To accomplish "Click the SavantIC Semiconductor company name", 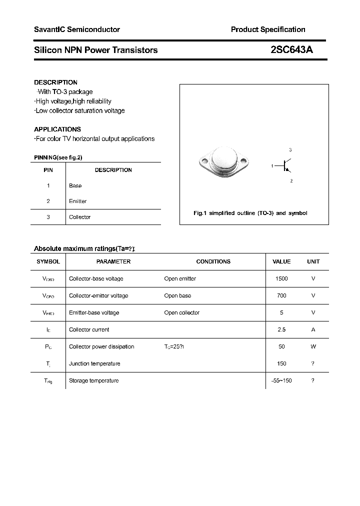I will click(x=77, y=29).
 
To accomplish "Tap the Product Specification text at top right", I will click(x=268, y=29).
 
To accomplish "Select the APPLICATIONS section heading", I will click(x=57, y=129).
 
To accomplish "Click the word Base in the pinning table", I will click(x=75, y=185).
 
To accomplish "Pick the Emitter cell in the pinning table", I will click(x=78, y=201).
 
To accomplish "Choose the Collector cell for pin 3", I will click(x=80, y=217).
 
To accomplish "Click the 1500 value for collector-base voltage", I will click(x=281, y=278).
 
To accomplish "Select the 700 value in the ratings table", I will click(x=281, y=295).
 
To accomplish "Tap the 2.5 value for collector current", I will click(x=281, y=329).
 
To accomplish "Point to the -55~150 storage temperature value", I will click(x=281, y=380).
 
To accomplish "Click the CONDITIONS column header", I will click(x=213, y=261).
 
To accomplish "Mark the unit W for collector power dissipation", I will click(x=313, y=346).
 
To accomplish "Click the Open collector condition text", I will click(x=182, y=312).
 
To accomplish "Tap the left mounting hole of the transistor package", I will click(x=204, y=161).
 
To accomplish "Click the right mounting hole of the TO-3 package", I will click(x=244, y=161).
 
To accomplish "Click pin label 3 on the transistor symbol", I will click(x=290, y=150).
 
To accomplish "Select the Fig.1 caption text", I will click(x=250, y=213).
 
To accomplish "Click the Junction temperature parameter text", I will click(x=94, y=363).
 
